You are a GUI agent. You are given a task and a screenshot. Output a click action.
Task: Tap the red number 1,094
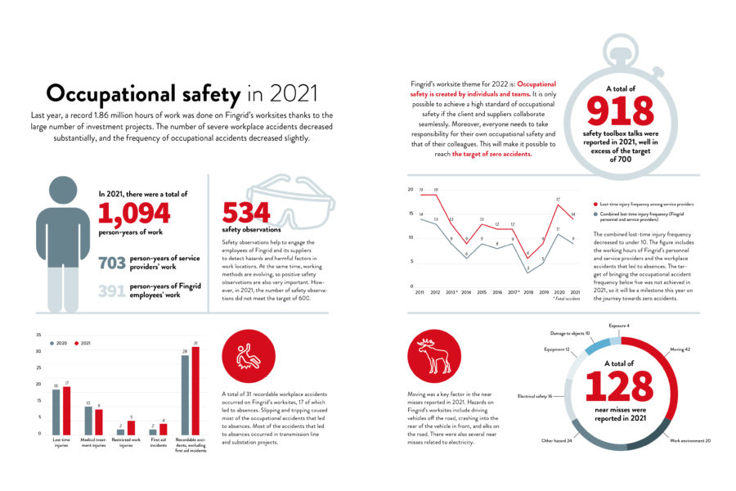[134, 214]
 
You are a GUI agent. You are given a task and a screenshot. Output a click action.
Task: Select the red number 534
[245, 214]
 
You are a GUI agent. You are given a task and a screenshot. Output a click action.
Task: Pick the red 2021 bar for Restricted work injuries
[130, 426]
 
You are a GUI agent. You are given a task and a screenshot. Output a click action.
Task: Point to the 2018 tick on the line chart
[528, 292]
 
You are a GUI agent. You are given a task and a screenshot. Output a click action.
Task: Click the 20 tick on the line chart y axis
[410, 190]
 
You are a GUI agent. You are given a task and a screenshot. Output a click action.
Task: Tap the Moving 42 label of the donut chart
[680, 349]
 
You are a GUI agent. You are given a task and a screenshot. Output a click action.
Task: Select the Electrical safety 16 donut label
[535, 396]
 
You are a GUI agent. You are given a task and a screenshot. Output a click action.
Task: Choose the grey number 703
[111, 264]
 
